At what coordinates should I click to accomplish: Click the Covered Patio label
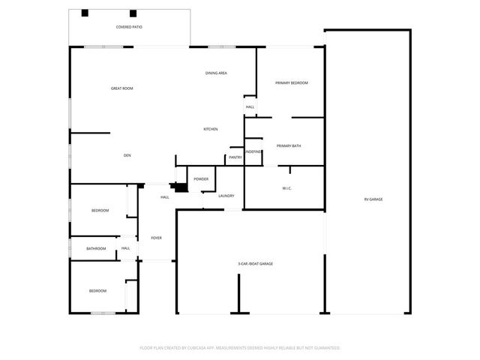pos(129,27)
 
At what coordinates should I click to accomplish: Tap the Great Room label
pos(121,88)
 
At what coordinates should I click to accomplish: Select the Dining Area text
pos(217,73)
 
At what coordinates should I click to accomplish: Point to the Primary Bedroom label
pos(291,82)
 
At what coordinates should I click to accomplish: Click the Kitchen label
pos(211,130)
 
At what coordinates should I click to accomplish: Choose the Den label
pos(127,155)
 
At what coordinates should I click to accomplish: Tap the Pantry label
pos(235,157)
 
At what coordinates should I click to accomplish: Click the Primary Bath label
pos(289,145)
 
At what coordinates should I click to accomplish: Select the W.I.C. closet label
pos(286,187)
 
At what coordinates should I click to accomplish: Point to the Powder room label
pos(201,178)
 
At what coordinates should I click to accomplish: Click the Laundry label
pos(226,196)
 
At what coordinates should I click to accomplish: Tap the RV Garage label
pos(373,199)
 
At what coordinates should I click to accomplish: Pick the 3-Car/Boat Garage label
pos(255,264)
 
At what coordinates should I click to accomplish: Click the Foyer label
pos(156,238)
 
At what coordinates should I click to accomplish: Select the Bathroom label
pos(96,248)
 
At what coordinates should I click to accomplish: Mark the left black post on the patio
pos(85,13)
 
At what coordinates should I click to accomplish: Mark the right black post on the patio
pos(133,13)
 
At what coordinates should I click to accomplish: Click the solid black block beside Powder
pos(180,188)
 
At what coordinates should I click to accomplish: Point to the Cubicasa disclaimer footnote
pos(240,348)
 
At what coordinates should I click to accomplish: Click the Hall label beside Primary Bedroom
pos(250,106)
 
